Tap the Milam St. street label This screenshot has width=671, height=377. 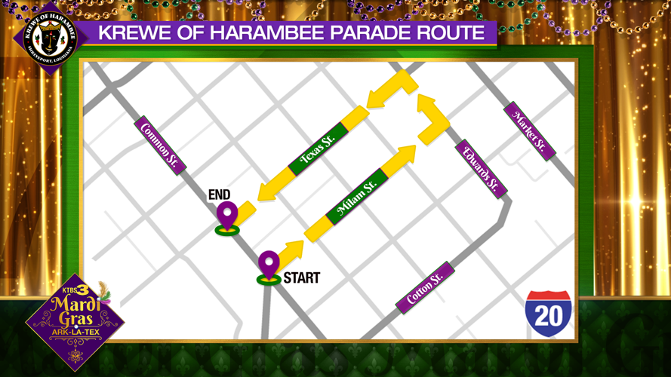[x=358, y=197]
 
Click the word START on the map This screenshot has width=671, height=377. [x=301, y=278]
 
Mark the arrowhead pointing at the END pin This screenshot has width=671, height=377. [x=264, y=192]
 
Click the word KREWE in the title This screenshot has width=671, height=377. [x=133, y=33]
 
